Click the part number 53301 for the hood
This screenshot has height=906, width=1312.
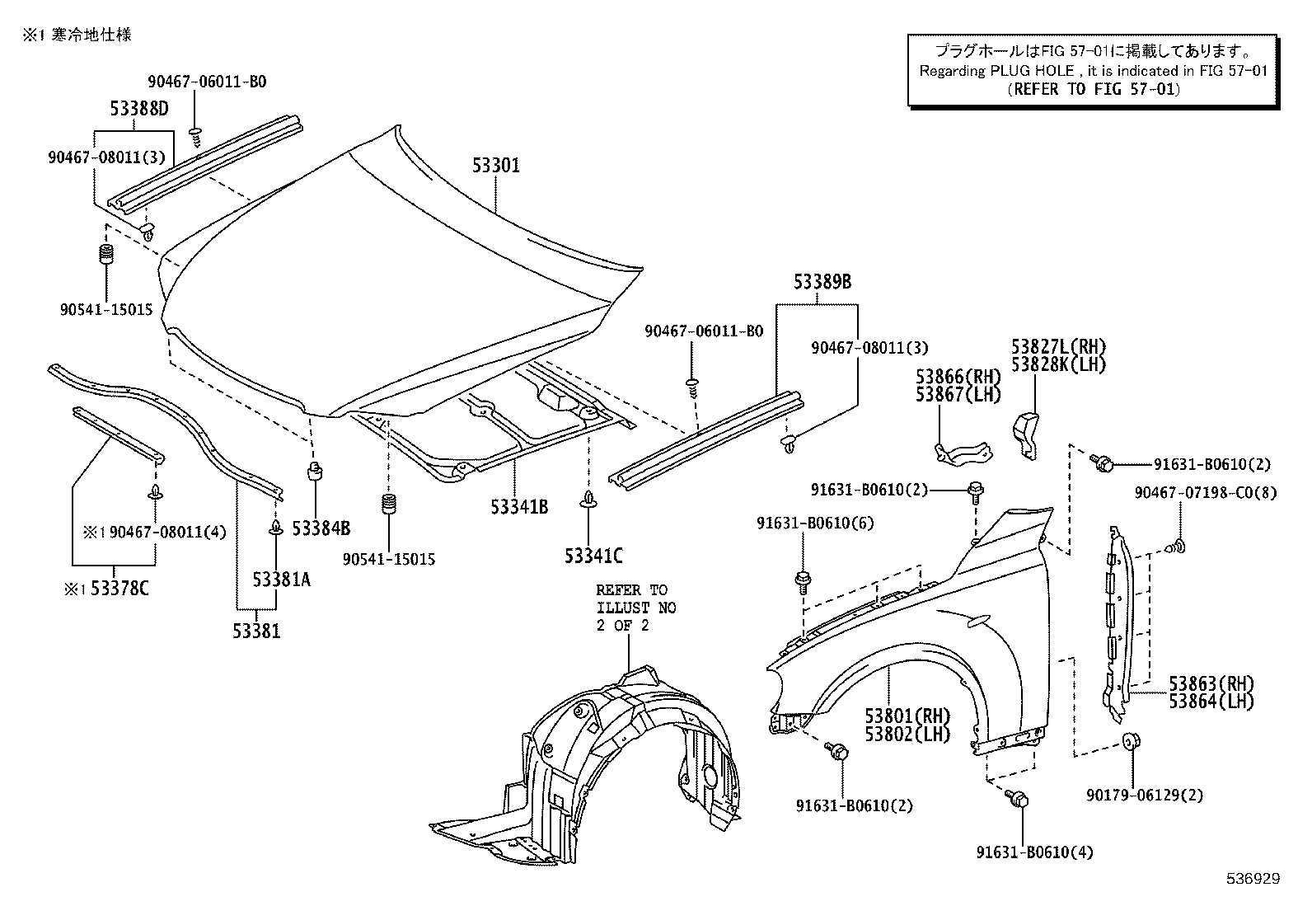click(x=496, y=166)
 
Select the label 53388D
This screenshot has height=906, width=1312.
click(x=139, y=109)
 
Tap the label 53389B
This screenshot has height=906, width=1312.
click(x=822, y=282)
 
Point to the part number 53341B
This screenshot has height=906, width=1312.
click(x=519, y=507)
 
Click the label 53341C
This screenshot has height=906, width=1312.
click(x=593, y=556)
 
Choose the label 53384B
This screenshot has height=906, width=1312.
click(x=321, y=528)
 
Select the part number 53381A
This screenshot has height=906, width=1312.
click(x=281, y=580)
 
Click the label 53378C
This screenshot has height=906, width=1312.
click(x=119, y=589)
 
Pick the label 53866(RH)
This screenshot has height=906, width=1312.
click(x=958, y=377)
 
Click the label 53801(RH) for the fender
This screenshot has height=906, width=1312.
click(x=907, y=716)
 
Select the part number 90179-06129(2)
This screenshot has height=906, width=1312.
click(x=1144, y=796)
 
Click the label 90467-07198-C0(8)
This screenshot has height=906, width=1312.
click(x=1204, y=493)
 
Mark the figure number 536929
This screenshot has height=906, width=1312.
click(x=1252, y=879)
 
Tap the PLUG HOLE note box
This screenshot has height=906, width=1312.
click(x=1093, y=71)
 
